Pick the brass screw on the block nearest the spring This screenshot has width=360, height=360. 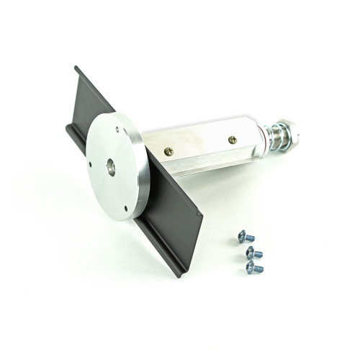coord(232,140)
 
